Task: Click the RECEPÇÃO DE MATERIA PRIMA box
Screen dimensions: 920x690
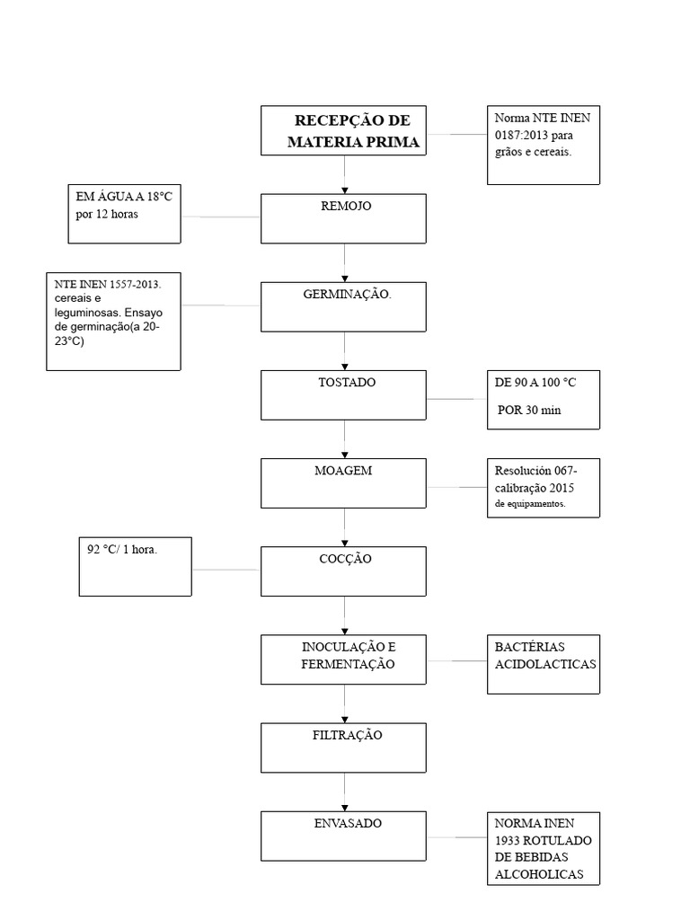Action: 343,131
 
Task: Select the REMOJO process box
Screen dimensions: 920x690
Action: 343,218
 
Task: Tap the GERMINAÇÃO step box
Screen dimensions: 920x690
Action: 343,306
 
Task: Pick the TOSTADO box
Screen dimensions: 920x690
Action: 343,394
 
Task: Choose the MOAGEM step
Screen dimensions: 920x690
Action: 343,482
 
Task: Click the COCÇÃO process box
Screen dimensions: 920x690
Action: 343,571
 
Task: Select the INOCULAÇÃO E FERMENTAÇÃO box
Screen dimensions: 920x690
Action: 343,659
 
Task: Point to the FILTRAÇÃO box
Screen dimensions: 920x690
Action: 343,747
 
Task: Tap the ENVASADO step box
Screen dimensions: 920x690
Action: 343,835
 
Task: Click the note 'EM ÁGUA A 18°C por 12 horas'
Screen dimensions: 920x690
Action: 124,214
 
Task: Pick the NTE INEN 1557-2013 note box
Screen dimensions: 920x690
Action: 114,321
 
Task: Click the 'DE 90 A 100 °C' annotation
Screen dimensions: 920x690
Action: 543,399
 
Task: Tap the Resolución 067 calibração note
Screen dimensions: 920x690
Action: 543,488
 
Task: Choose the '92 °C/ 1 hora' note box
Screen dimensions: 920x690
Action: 135,566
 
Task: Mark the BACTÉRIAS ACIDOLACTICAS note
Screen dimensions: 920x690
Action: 543,665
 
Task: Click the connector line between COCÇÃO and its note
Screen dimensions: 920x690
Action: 226,570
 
